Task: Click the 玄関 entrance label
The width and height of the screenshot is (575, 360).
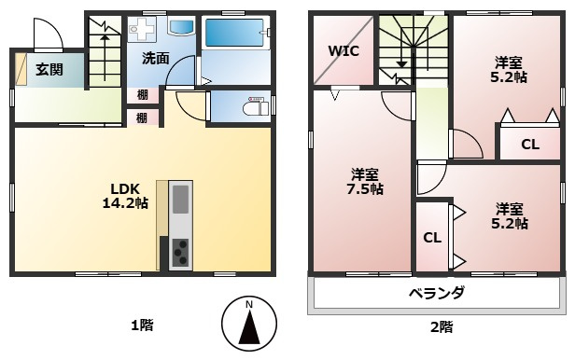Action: [x=49, y=69]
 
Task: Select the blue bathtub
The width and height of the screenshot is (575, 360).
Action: [x=234, y=33]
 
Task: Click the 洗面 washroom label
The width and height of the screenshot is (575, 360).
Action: [x=156, y=58]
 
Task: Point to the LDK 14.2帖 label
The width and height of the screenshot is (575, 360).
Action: [x=125, y=196]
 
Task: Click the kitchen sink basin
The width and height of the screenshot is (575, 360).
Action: [x=180, y=200]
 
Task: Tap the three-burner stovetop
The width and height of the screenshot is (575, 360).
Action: [x=180, y=252]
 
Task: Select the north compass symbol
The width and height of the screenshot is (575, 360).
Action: [x=249, y=324]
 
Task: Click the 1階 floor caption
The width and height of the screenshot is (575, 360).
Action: [x=142, y=325]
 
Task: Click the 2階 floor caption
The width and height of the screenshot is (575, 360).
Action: [x=442, y=326]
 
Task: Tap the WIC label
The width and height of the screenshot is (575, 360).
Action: [x=344, y=51]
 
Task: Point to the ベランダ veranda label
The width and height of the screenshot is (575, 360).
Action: [x=437, y=293]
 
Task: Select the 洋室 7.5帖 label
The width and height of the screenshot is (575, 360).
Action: [x=365, y=182]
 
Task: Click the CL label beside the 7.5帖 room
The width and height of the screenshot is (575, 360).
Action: [x=432, y=238]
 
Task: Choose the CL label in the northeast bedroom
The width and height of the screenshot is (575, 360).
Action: [x=530, y=145]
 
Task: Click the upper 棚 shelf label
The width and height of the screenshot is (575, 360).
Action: [x=142, y=95]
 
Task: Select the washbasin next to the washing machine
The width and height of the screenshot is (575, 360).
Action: [x=181, y=26]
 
